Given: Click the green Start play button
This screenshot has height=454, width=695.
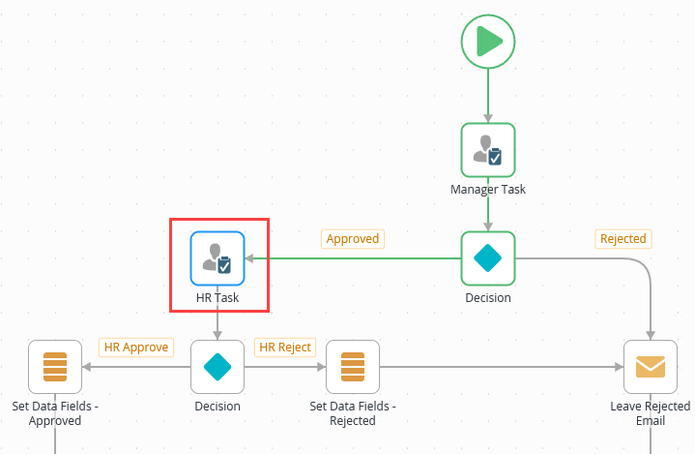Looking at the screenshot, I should point(488,42).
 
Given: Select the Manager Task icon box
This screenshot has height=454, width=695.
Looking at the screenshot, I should point(488,150).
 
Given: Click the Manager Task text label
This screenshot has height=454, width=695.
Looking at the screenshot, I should point(488,190).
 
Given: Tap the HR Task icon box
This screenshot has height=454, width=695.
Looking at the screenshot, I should point(217,258).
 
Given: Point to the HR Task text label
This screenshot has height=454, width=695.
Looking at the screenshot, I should point(217,298).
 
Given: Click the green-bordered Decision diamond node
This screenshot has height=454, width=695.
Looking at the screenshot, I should point(488,258).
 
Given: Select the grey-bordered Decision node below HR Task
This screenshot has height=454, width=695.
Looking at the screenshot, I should point(217,367).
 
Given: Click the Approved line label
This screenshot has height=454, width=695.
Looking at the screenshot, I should point(353,239).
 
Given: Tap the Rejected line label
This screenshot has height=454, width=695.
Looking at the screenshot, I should point(623,239).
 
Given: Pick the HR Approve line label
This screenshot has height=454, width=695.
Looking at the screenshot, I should point(136,348).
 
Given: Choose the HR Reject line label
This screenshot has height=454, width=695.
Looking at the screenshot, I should point(284,348).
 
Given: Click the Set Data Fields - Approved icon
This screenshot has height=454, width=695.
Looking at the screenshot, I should point(55,367).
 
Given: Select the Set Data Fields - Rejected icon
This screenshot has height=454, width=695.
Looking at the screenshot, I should point(353,367).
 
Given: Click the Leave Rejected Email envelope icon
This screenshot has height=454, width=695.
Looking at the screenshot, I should point(651,367).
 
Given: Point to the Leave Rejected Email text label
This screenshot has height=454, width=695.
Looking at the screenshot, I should point(651,413).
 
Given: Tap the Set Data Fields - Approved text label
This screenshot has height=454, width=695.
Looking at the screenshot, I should point(55,413).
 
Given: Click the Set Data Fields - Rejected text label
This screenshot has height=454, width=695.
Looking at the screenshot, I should point(353,413).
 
